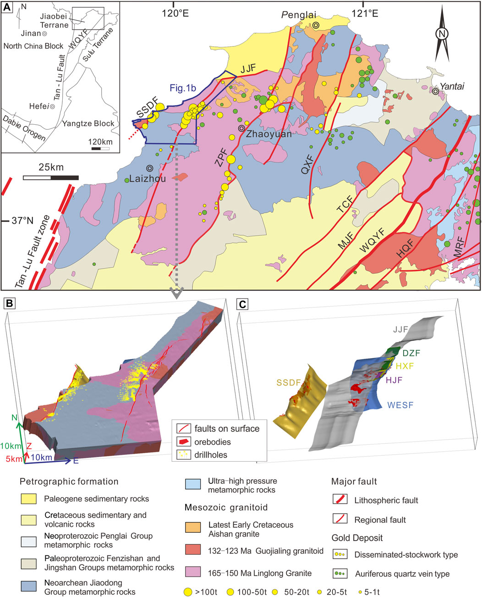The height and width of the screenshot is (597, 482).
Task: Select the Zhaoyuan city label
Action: [265, 134]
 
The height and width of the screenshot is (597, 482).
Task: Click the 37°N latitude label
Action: [22, 221]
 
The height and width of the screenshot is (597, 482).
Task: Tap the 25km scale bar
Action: [50, 177]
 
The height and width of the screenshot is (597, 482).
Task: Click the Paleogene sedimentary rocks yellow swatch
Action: [29, 498]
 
